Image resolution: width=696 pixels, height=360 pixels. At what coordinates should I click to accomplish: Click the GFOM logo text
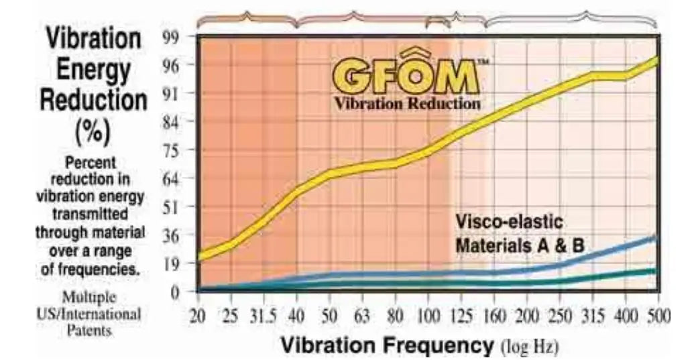tap(406, 75)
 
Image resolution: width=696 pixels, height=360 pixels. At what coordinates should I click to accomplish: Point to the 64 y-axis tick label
tap(170, 179)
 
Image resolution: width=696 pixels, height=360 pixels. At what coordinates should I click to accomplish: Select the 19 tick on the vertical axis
tap(170, 263)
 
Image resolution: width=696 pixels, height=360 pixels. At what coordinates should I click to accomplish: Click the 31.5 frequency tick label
tap(264, 316)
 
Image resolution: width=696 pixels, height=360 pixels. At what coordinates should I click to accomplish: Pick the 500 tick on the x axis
tap(658, 316)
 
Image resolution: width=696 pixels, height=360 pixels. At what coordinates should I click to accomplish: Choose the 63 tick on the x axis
tap(362, 316)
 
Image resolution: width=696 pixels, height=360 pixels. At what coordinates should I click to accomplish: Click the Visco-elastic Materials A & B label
tap(520, 235)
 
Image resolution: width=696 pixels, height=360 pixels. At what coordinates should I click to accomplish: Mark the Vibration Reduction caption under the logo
tap(407, 104)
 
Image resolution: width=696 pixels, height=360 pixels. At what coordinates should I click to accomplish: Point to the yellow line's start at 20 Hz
tap(200, 255)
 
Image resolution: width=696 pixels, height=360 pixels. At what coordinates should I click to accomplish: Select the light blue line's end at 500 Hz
tap(655, 238)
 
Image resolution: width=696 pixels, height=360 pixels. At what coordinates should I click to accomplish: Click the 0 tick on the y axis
tap(174, 292)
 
